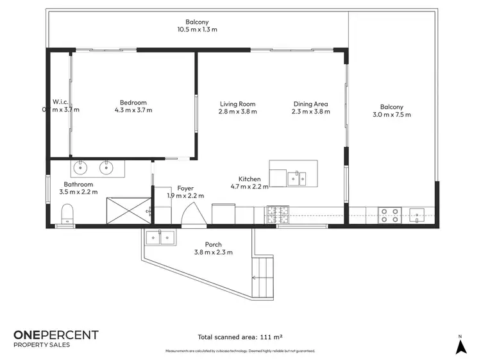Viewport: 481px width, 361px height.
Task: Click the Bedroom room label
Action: (x=133, y=103)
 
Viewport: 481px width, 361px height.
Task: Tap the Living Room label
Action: (x=238, y=104)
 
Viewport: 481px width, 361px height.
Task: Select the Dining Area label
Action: (x=311, y=104)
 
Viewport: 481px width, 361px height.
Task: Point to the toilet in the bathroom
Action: (x=67, y=213)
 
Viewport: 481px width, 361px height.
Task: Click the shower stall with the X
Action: (x=127, y=210)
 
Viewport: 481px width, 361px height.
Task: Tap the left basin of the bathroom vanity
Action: (x=81, y=169)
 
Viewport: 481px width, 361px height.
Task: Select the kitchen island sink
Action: (x=296, y=177)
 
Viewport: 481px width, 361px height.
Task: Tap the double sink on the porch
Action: (x=161, y=237)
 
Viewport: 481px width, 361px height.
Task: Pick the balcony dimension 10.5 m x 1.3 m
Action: (x=198, y=29)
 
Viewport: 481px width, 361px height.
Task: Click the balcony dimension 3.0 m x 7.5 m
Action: (x=391, y=115)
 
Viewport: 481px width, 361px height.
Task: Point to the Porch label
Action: (x=214, y=244)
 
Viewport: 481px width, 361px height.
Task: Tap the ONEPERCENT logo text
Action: (x=56, y=335)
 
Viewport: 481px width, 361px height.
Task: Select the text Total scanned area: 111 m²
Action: (x=240, y=337)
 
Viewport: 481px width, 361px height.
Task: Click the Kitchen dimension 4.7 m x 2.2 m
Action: (x=249, y=187)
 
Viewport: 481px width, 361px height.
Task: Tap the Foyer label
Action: (x=185, y=188)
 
